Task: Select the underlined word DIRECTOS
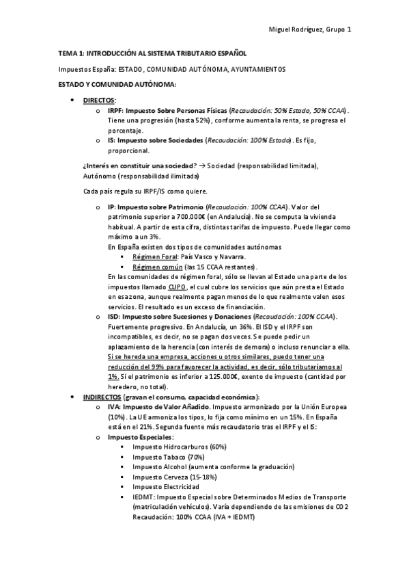pyautogui.click(x=98, y=100)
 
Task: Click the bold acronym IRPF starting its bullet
pyautogui.click(x=115, y=110)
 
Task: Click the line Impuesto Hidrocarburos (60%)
pyautogui.click(x=171, y=447)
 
